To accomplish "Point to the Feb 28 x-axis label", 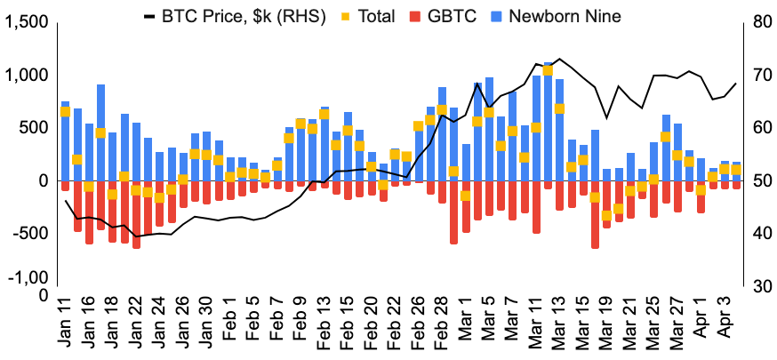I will [x=442, y=324].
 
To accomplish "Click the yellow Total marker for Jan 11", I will [x=65, y=112].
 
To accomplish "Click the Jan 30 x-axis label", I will [x=206, y=324].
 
